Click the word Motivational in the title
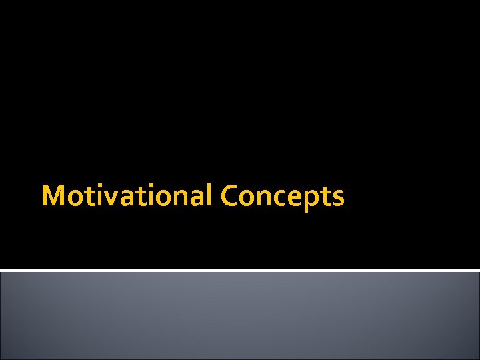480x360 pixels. [x=126, y=196]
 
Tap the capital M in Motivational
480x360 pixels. [x=53, y=196]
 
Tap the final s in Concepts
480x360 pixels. [x=337, y=199]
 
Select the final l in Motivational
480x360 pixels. [x=208, y=195]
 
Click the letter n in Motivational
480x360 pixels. [x=179, y=199]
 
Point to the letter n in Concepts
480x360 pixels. [x=262, y=199]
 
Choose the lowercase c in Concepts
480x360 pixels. [x=277, y=199]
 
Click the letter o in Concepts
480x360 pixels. [x=247, y=199]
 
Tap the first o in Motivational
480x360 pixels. [x=72, y=199]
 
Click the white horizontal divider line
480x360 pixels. [x=240, y=270]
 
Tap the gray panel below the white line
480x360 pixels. [x=240, y=316]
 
